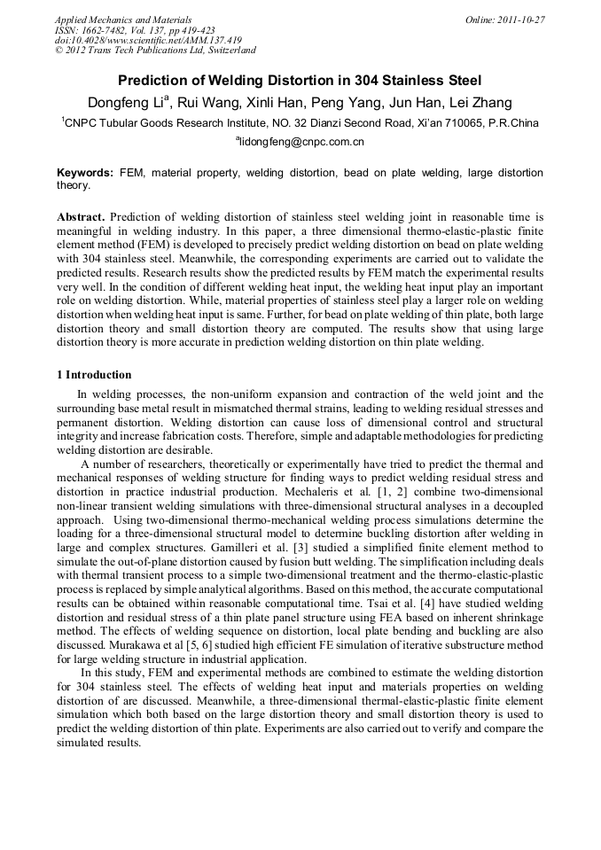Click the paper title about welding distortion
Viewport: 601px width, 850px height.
(300, 80)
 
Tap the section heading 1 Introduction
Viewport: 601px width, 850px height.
(94, 375)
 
